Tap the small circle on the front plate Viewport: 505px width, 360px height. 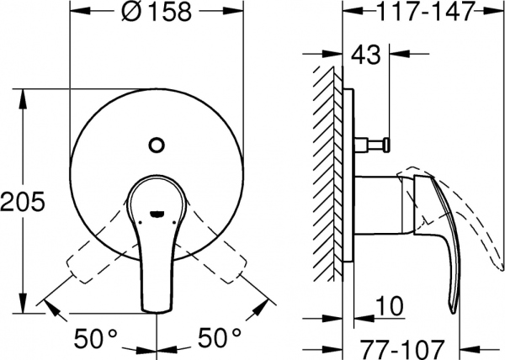click(155, 144)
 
